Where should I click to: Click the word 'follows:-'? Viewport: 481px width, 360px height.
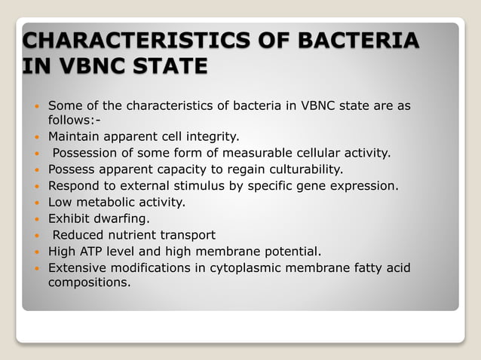(74, 121)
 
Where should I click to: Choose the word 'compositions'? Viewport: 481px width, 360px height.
(88, 283)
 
